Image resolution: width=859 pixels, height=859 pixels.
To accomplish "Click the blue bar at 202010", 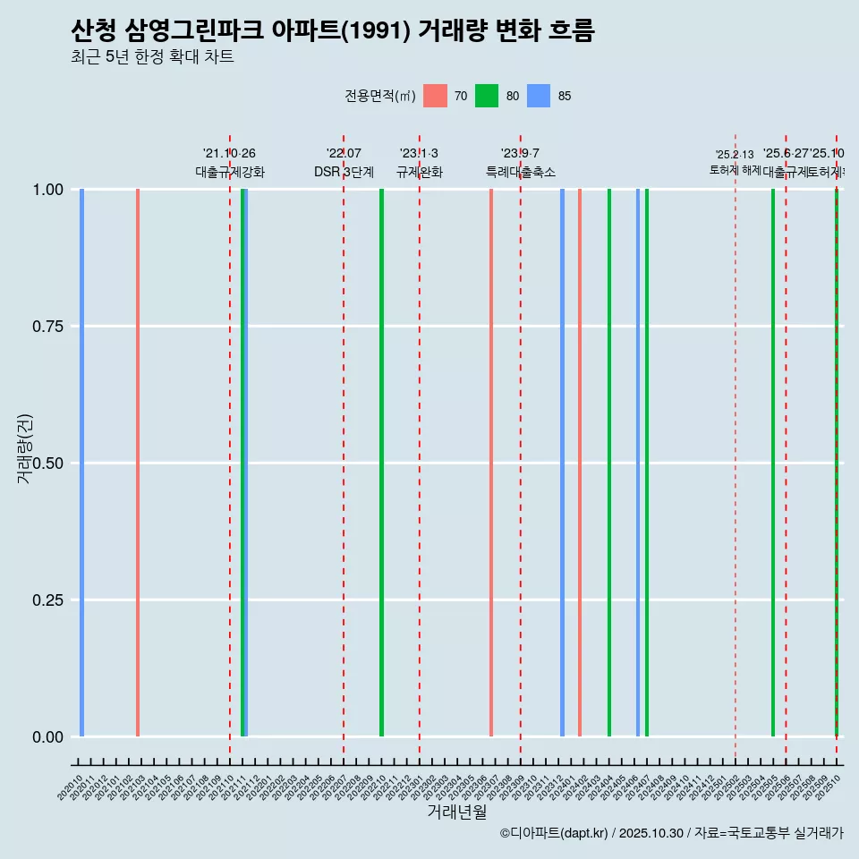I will point(81,463).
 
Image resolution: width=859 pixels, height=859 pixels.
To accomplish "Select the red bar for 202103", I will point(138,463).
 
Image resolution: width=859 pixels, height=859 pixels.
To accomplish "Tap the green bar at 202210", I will point(381,463).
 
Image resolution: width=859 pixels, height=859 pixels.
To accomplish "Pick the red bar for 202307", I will point(491,463).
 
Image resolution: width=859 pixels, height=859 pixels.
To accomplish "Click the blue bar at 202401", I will point(562,463).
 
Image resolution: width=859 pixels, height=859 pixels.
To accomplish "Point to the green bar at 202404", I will point(609,463).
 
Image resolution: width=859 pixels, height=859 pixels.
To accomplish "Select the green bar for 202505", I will point(773,463).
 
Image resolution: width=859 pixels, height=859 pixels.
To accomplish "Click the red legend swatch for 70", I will point(435,96).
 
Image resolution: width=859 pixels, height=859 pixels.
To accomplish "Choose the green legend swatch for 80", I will point(487,96).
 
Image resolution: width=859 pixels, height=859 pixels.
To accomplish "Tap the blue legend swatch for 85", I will point(539,96).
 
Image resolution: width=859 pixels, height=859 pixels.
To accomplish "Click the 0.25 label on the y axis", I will point(46,600).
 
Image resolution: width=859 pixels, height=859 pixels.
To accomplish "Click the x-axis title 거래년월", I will point(456,812).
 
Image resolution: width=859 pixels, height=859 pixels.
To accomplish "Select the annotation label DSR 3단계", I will point(344,172).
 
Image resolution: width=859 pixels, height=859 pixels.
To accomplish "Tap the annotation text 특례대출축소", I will point(520,172).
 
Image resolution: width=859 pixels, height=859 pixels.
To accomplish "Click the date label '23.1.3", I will point(419,154).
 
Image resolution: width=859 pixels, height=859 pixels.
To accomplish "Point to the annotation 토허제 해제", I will point(735,170).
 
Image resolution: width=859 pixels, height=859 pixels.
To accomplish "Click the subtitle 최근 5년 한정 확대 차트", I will point(152,57).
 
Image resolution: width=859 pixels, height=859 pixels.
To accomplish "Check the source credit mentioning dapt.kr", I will point(671,833).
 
